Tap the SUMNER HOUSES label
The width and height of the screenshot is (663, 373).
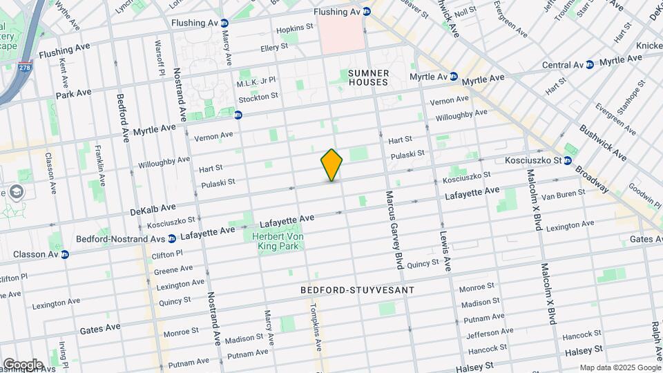click(x=368, y=77)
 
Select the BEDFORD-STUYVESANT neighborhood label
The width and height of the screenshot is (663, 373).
click(x=358, y=290)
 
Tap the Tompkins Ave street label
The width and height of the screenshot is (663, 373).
click(x=316, y=327)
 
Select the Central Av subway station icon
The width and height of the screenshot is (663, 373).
click(x=589, y=65)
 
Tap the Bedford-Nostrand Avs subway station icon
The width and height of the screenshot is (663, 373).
click(x=172, y=239)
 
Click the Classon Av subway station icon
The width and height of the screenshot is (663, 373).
click(x=65, y=254)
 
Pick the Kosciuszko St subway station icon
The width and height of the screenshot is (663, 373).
click(x=567, y=160)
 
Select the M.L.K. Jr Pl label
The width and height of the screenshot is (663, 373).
click(x=256, y=82)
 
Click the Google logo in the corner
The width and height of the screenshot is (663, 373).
click(x=22, y=364)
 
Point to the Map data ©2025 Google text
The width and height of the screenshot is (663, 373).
click(x=619, y=367)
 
